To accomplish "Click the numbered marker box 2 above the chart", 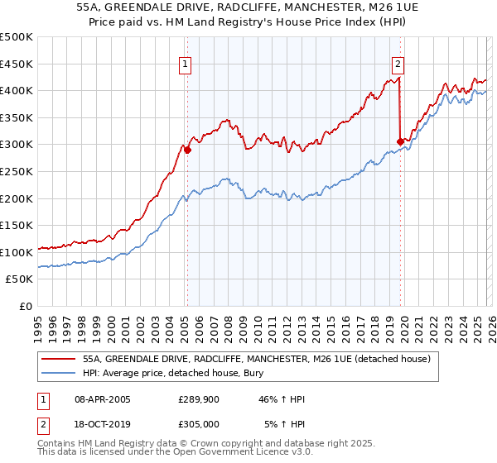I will [398, 64].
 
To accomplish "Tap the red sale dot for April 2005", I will [187, 150].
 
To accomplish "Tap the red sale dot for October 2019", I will [400, 141].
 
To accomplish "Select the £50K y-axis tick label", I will [20, 279].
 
